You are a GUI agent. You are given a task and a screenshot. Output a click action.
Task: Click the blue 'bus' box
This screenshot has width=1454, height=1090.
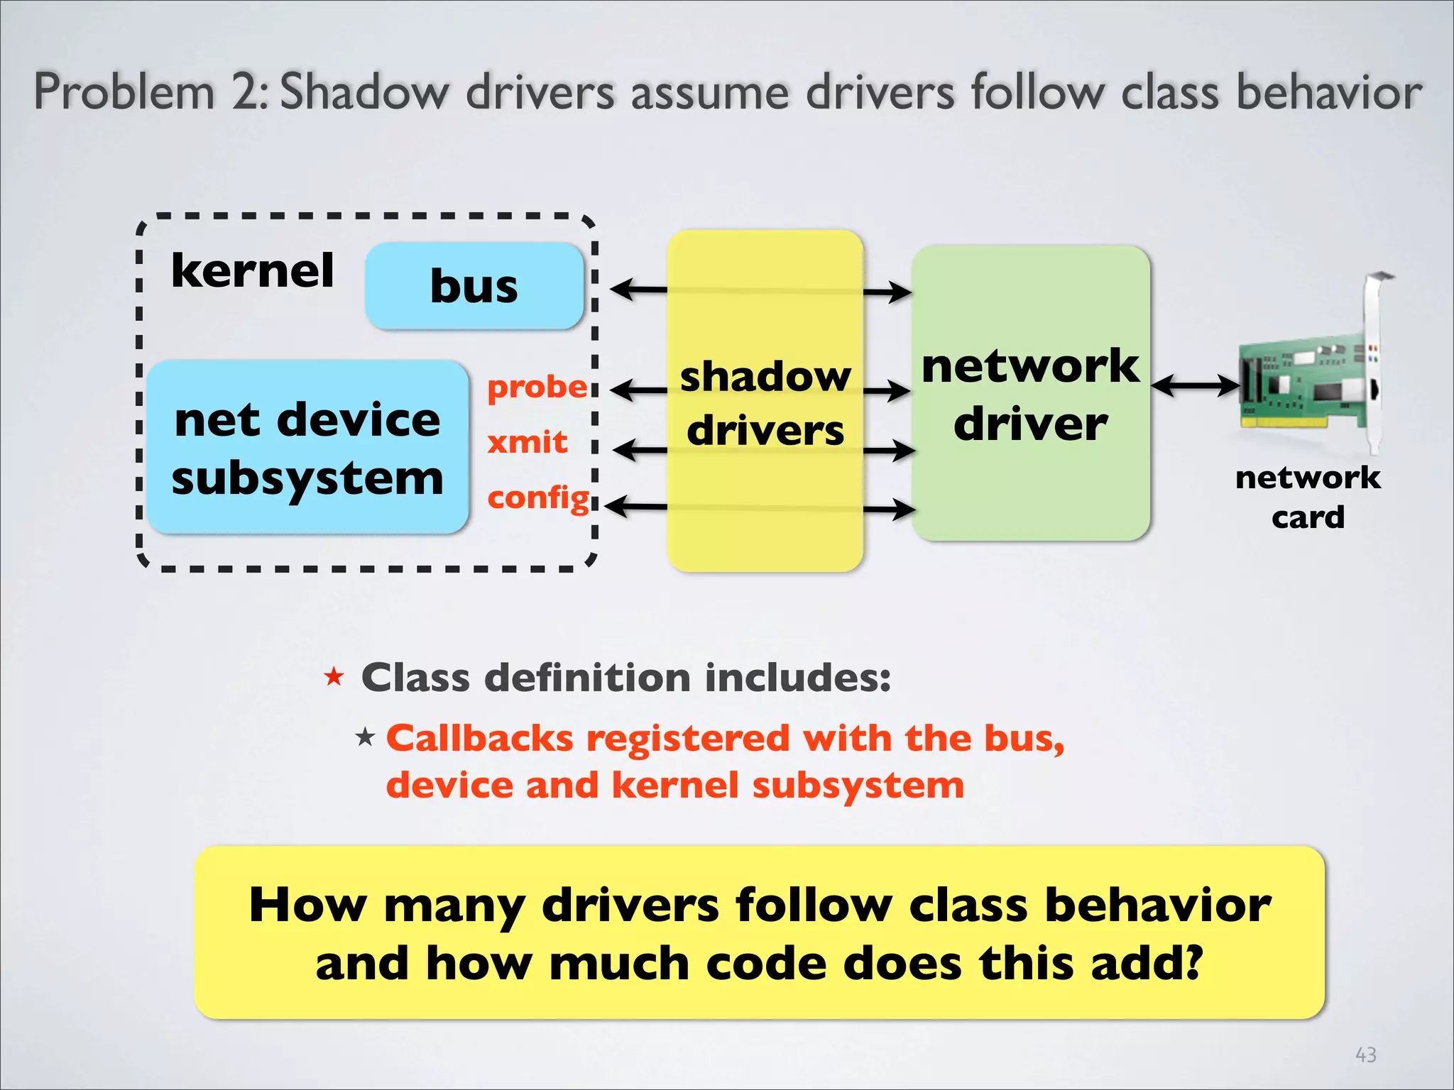[474, 286]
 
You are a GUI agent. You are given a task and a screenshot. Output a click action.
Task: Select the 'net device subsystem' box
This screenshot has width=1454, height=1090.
[307, 447]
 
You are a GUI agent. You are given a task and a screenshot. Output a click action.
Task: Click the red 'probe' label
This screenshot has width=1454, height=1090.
[537, 387]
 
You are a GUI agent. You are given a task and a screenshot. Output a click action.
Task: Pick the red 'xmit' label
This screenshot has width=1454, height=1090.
[527, 442]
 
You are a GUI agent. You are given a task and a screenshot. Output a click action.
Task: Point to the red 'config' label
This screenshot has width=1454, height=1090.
[538, 497]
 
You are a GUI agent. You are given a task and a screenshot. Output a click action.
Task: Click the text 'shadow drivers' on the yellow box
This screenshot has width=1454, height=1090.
[765, 403]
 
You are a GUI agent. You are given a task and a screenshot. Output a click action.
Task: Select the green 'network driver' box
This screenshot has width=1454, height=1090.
[1030, 394]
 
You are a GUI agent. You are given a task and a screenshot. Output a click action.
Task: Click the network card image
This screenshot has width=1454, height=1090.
[1313, 376]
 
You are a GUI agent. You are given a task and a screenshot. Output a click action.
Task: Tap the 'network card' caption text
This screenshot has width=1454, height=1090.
[1308, 497]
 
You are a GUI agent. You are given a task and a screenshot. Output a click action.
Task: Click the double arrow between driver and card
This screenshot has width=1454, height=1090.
[1195, 387]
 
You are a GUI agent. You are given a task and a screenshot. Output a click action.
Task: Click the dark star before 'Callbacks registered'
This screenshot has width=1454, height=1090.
[365, 737]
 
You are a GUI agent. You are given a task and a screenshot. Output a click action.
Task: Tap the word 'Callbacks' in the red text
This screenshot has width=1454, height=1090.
[479, 738]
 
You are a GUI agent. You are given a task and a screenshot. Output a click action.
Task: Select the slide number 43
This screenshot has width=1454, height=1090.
[1365, 1055]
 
